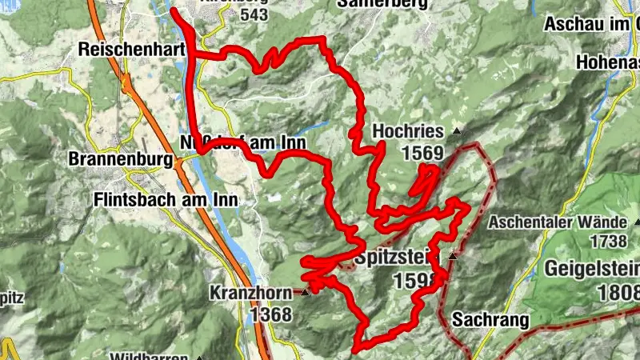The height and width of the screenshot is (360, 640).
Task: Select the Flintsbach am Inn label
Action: point(166,198)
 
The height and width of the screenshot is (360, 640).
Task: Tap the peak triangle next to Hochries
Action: point(457,130)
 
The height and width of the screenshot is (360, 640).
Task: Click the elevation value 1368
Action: point(270,314)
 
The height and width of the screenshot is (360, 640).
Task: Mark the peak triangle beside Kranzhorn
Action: point(306,293)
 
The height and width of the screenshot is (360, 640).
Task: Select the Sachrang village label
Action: point(490,321)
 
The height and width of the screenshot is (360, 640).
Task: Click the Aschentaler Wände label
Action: point(559,221)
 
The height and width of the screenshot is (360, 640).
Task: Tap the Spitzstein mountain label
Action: point(401,258)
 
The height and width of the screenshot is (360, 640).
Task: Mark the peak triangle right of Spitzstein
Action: point(453,257)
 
